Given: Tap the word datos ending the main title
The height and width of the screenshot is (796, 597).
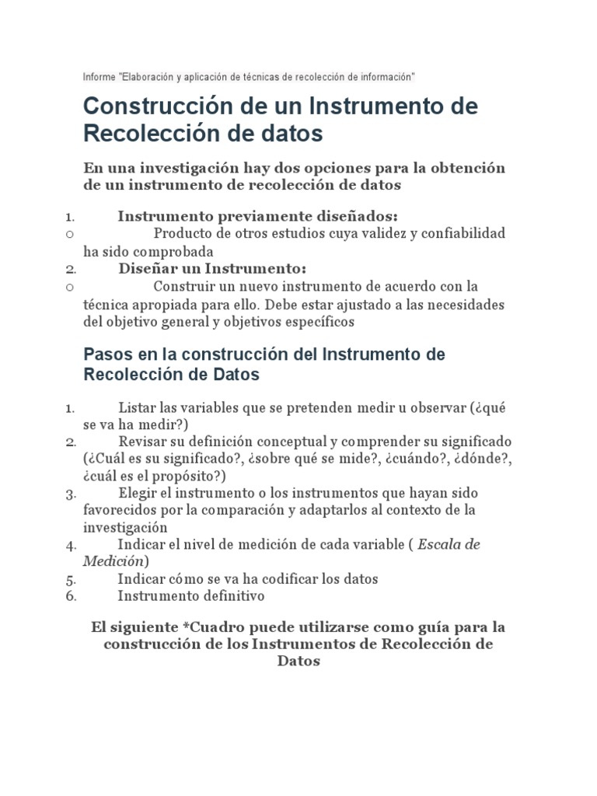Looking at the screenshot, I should [290, 133].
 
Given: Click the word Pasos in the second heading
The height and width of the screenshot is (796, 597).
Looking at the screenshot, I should [105, 354].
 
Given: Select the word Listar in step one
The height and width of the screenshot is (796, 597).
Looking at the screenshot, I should [137, 407].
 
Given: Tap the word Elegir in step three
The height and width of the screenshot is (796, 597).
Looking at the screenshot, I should [138, 493].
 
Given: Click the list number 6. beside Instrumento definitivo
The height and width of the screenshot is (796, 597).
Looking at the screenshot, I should [71, 597].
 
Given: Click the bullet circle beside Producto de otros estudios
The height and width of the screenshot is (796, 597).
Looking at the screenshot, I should [70, 234].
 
